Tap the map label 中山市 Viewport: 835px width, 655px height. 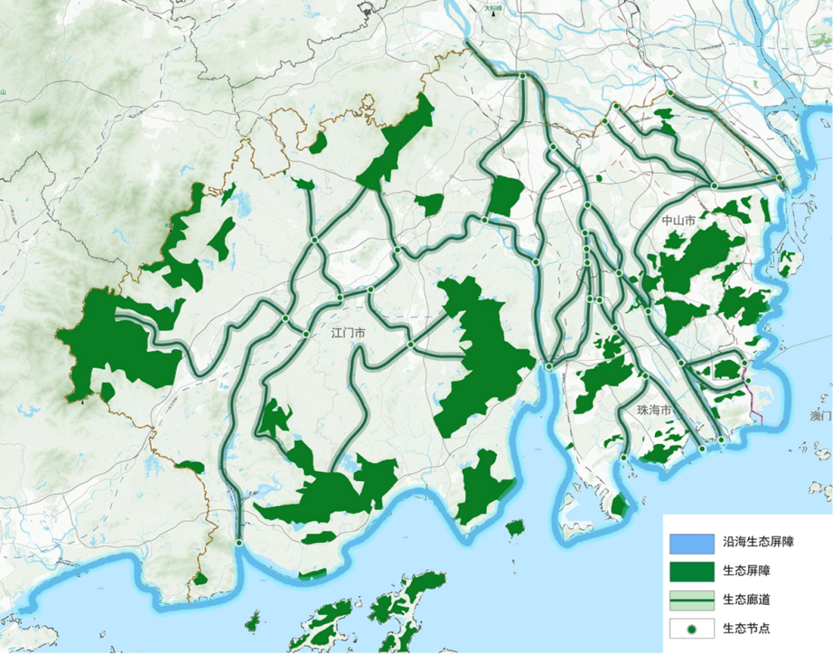tap(679, 221)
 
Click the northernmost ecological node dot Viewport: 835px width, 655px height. tap(523, 76)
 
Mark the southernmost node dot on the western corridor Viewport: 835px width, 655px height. tap(239, 544)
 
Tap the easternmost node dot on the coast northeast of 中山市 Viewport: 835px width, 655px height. tap(780, 179)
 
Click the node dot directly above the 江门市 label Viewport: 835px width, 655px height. tap(339, 297)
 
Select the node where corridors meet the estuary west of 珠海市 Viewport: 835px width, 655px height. tap(547, 366)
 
